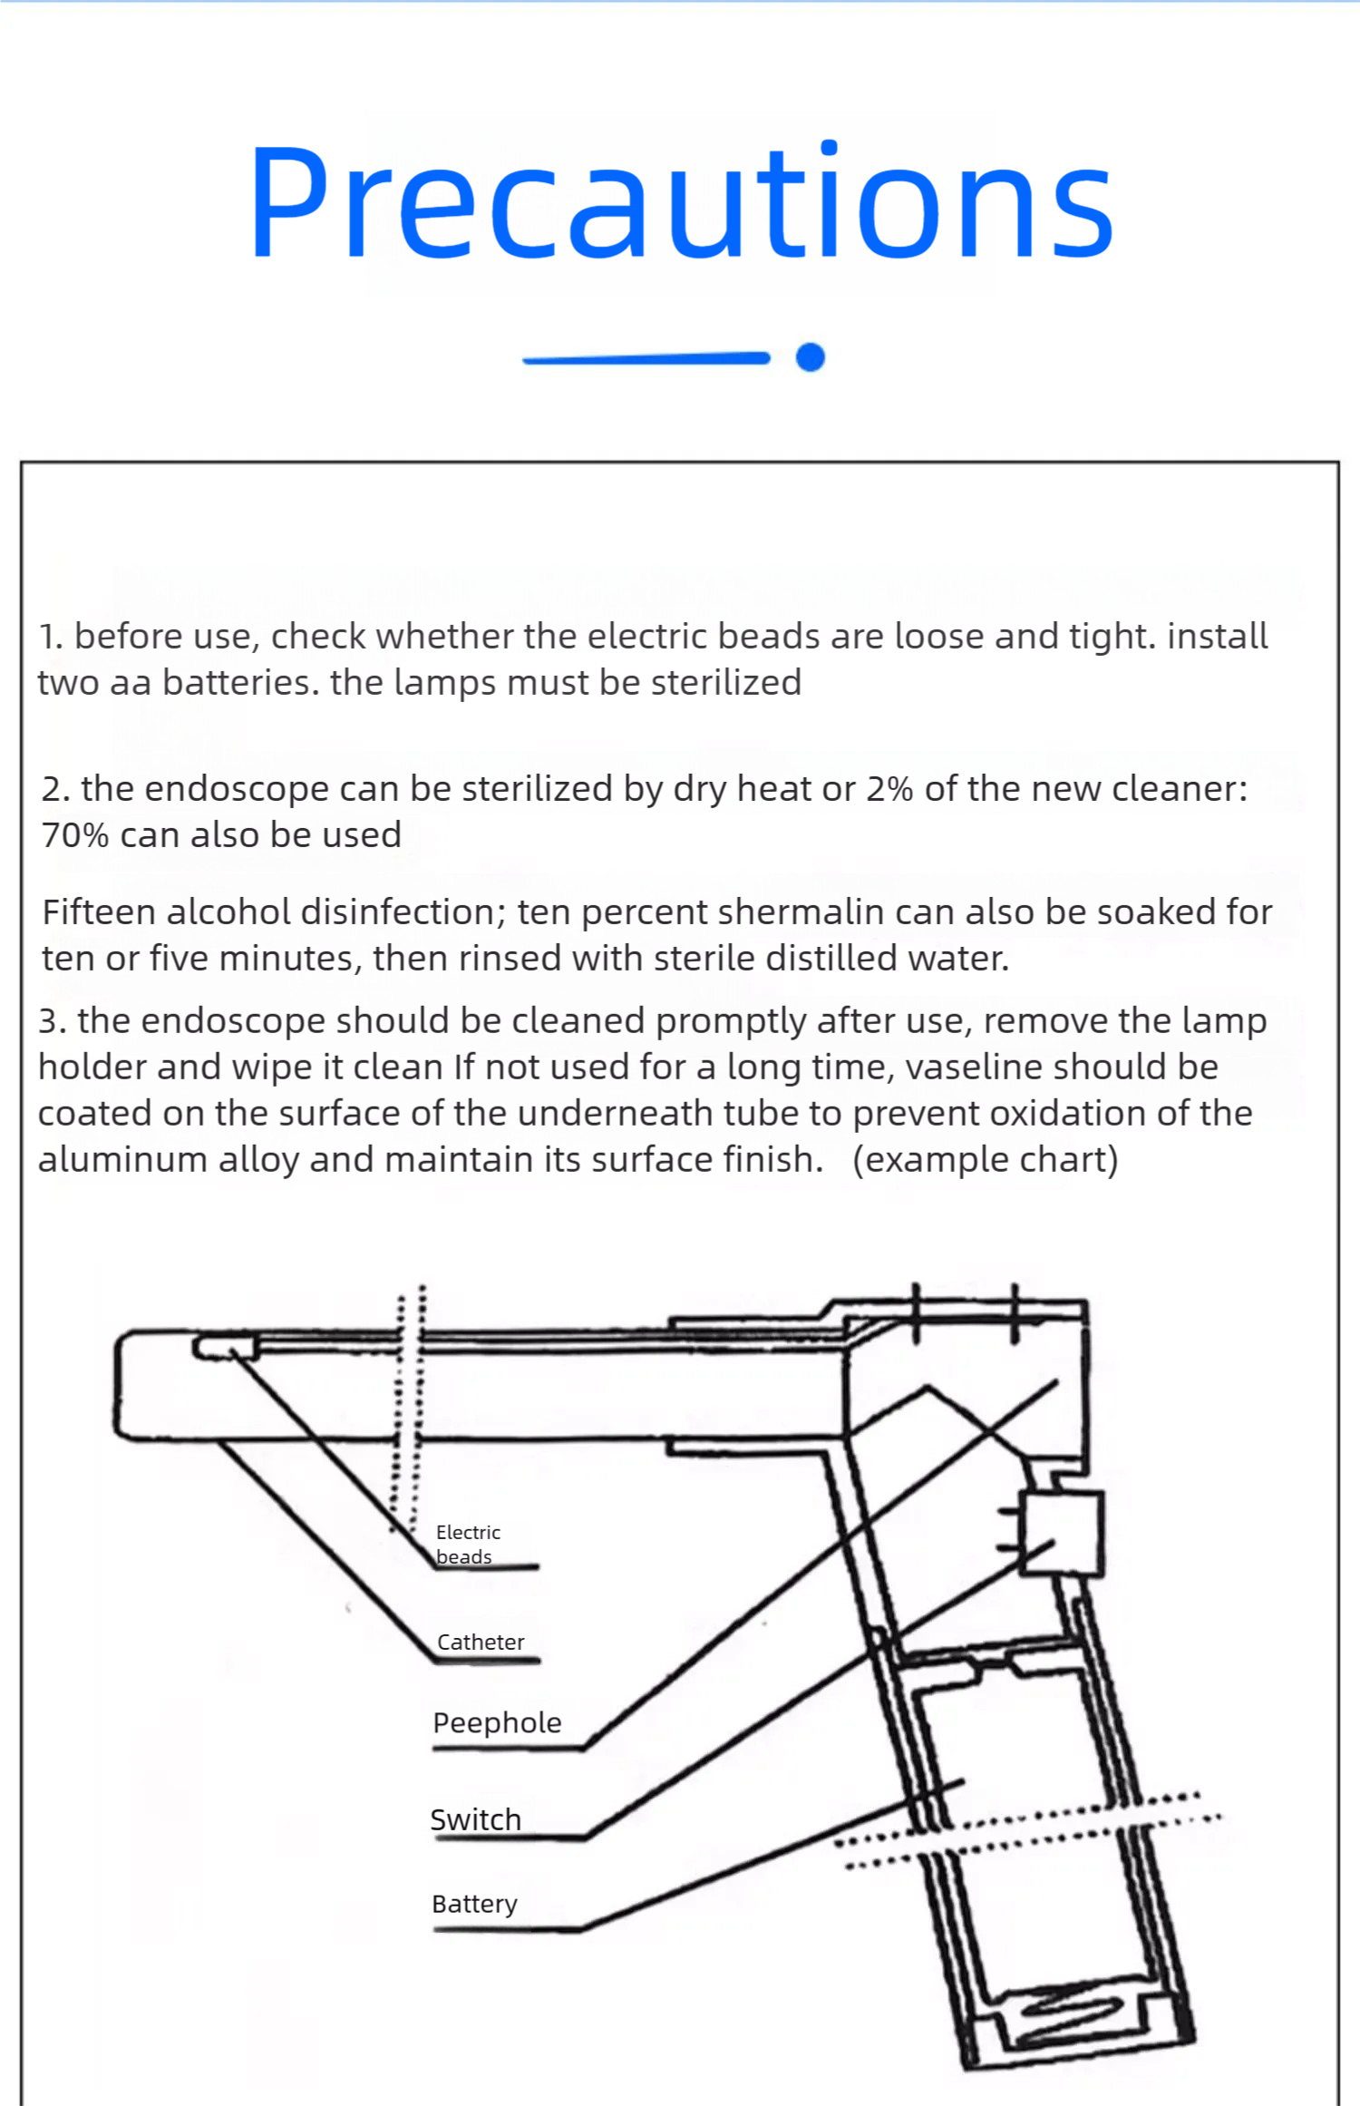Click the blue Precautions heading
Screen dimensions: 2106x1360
point(681,204)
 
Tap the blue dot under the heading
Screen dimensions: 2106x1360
point(810,357)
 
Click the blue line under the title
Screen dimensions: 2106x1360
point(646,359)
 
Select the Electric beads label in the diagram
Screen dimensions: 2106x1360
point(467,1544)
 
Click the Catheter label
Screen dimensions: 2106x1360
point(481,1642)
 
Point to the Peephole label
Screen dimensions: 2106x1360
point(497,1722)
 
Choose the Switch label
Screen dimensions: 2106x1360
point(476,1819)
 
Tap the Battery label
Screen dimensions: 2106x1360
point(474,1903)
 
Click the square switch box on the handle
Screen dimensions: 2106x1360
point(1061,1533)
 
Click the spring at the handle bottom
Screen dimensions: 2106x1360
point(1074,2015)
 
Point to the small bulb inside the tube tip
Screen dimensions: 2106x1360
point(225,1347)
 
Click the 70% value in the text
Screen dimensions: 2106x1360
point(75,835)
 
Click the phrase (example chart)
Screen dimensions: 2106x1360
point(985,1159)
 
